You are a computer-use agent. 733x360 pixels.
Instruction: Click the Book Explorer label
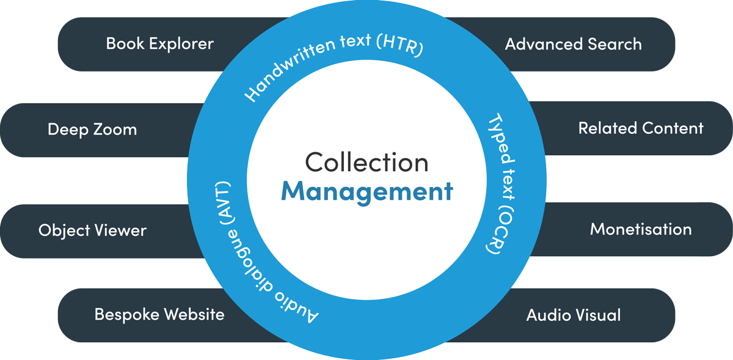click(159, 44)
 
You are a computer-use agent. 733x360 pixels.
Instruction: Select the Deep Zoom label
click(92, 130)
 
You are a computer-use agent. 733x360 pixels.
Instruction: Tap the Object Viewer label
click(92, 230)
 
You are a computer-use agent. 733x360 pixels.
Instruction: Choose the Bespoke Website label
click(159, 315)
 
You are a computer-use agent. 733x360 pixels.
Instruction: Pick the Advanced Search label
click(573, 44)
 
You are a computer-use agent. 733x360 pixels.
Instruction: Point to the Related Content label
click(641, 128)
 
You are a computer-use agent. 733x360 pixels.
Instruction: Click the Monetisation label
click(641, 229)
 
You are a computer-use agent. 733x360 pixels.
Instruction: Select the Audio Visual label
click(573, 315)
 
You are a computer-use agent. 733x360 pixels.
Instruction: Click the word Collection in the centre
click(366, 163)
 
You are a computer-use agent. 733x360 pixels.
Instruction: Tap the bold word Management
click(366, 191)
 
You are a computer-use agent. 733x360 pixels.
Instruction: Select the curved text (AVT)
click(222, 202)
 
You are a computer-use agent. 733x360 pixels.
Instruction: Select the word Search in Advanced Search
click(614, 44)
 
